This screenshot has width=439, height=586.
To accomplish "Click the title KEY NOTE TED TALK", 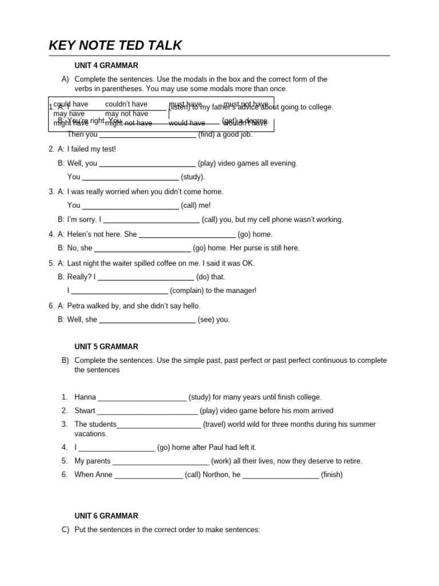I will [x=115, y=46].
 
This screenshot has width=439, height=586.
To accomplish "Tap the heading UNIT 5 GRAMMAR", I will [x=106, y=347].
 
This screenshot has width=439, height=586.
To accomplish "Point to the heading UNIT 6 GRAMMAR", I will [x=106, y=516].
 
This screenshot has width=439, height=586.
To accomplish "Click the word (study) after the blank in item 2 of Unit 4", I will [x=193, y=177].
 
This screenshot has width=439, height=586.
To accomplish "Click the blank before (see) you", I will [x=147, y=320].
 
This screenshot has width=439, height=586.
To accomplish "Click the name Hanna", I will [x=85, y=397].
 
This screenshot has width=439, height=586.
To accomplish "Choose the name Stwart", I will [x=85, y=411].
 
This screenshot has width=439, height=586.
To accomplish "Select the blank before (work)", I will [x=161, y=461].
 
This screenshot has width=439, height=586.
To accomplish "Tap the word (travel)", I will [x=216, y=425].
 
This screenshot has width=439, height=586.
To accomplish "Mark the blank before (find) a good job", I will [x=147, y=135].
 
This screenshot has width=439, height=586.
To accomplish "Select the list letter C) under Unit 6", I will [x=65, y=530].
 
